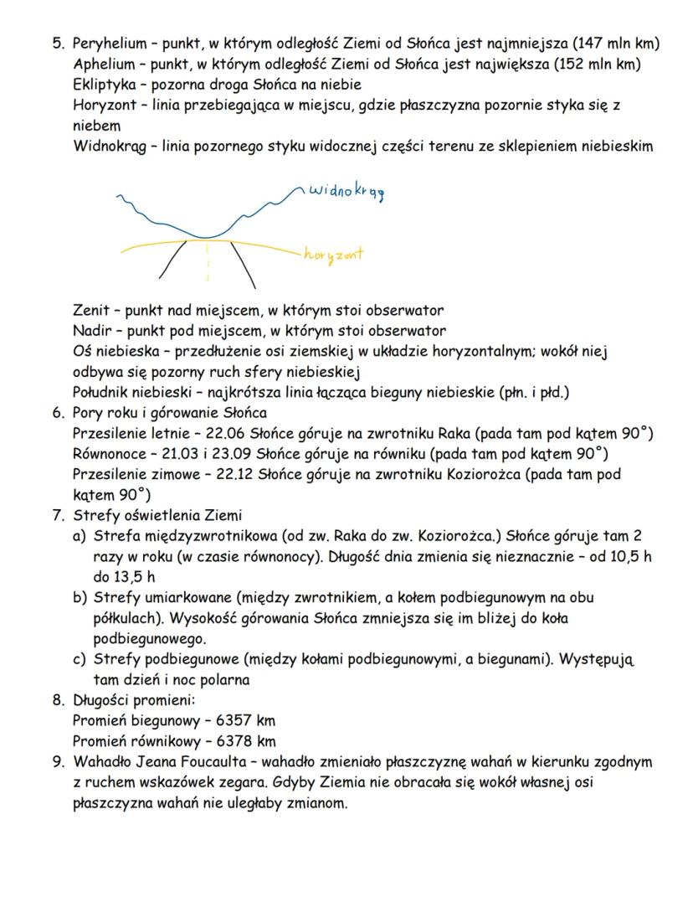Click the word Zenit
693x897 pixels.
click(x=91, y=311)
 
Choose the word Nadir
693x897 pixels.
click(x=91, y=331)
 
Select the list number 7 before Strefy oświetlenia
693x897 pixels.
click(x=57, y=514)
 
